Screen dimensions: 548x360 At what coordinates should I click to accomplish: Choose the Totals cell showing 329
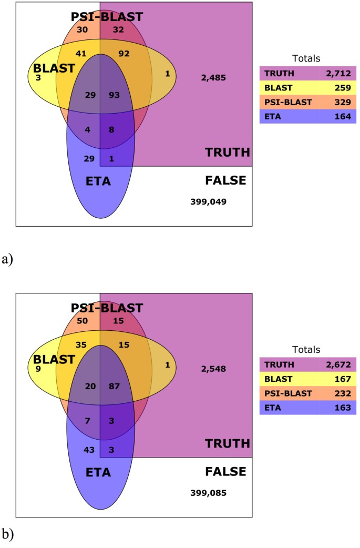(338, 101)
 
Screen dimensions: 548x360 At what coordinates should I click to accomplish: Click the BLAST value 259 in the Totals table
(338, 87)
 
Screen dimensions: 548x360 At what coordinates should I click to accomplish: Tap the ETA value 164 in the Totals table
(338, 115)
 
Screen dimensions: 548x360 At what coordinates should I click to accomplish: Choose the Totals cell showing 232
(338, 392)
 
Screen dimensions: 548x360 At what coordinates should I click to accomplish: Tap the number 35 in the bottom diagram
(81, 344)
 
